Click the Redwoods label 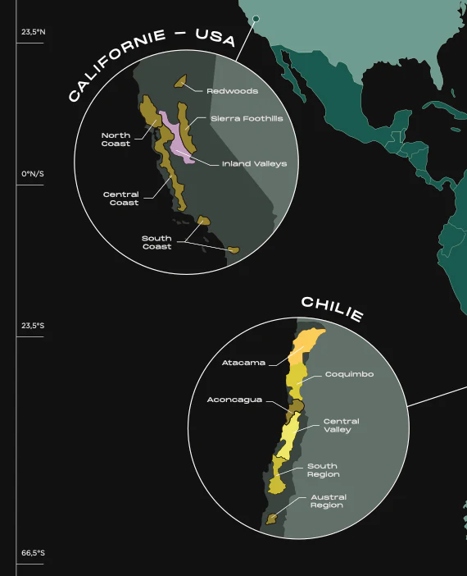point(232,91)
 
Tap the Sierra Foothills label point(247,119)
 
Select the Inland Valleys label point(254,163)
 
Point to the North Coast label point(116,139)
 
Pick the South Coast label point(156,243)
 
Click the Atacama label point(243,362)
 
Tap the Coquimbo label point(349,374)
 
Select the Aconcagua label point(234,400)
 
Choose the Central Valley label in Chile point(341,426)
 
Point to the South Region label point(323,470)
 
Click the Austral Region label point(328,501)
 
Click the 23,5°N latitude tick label point(34,33)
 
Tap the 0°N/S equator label point(34,174)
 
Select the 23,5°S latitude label point(34,326)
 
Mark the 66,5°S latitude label point(34,553)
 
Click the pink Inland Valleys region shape point(176,135)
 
